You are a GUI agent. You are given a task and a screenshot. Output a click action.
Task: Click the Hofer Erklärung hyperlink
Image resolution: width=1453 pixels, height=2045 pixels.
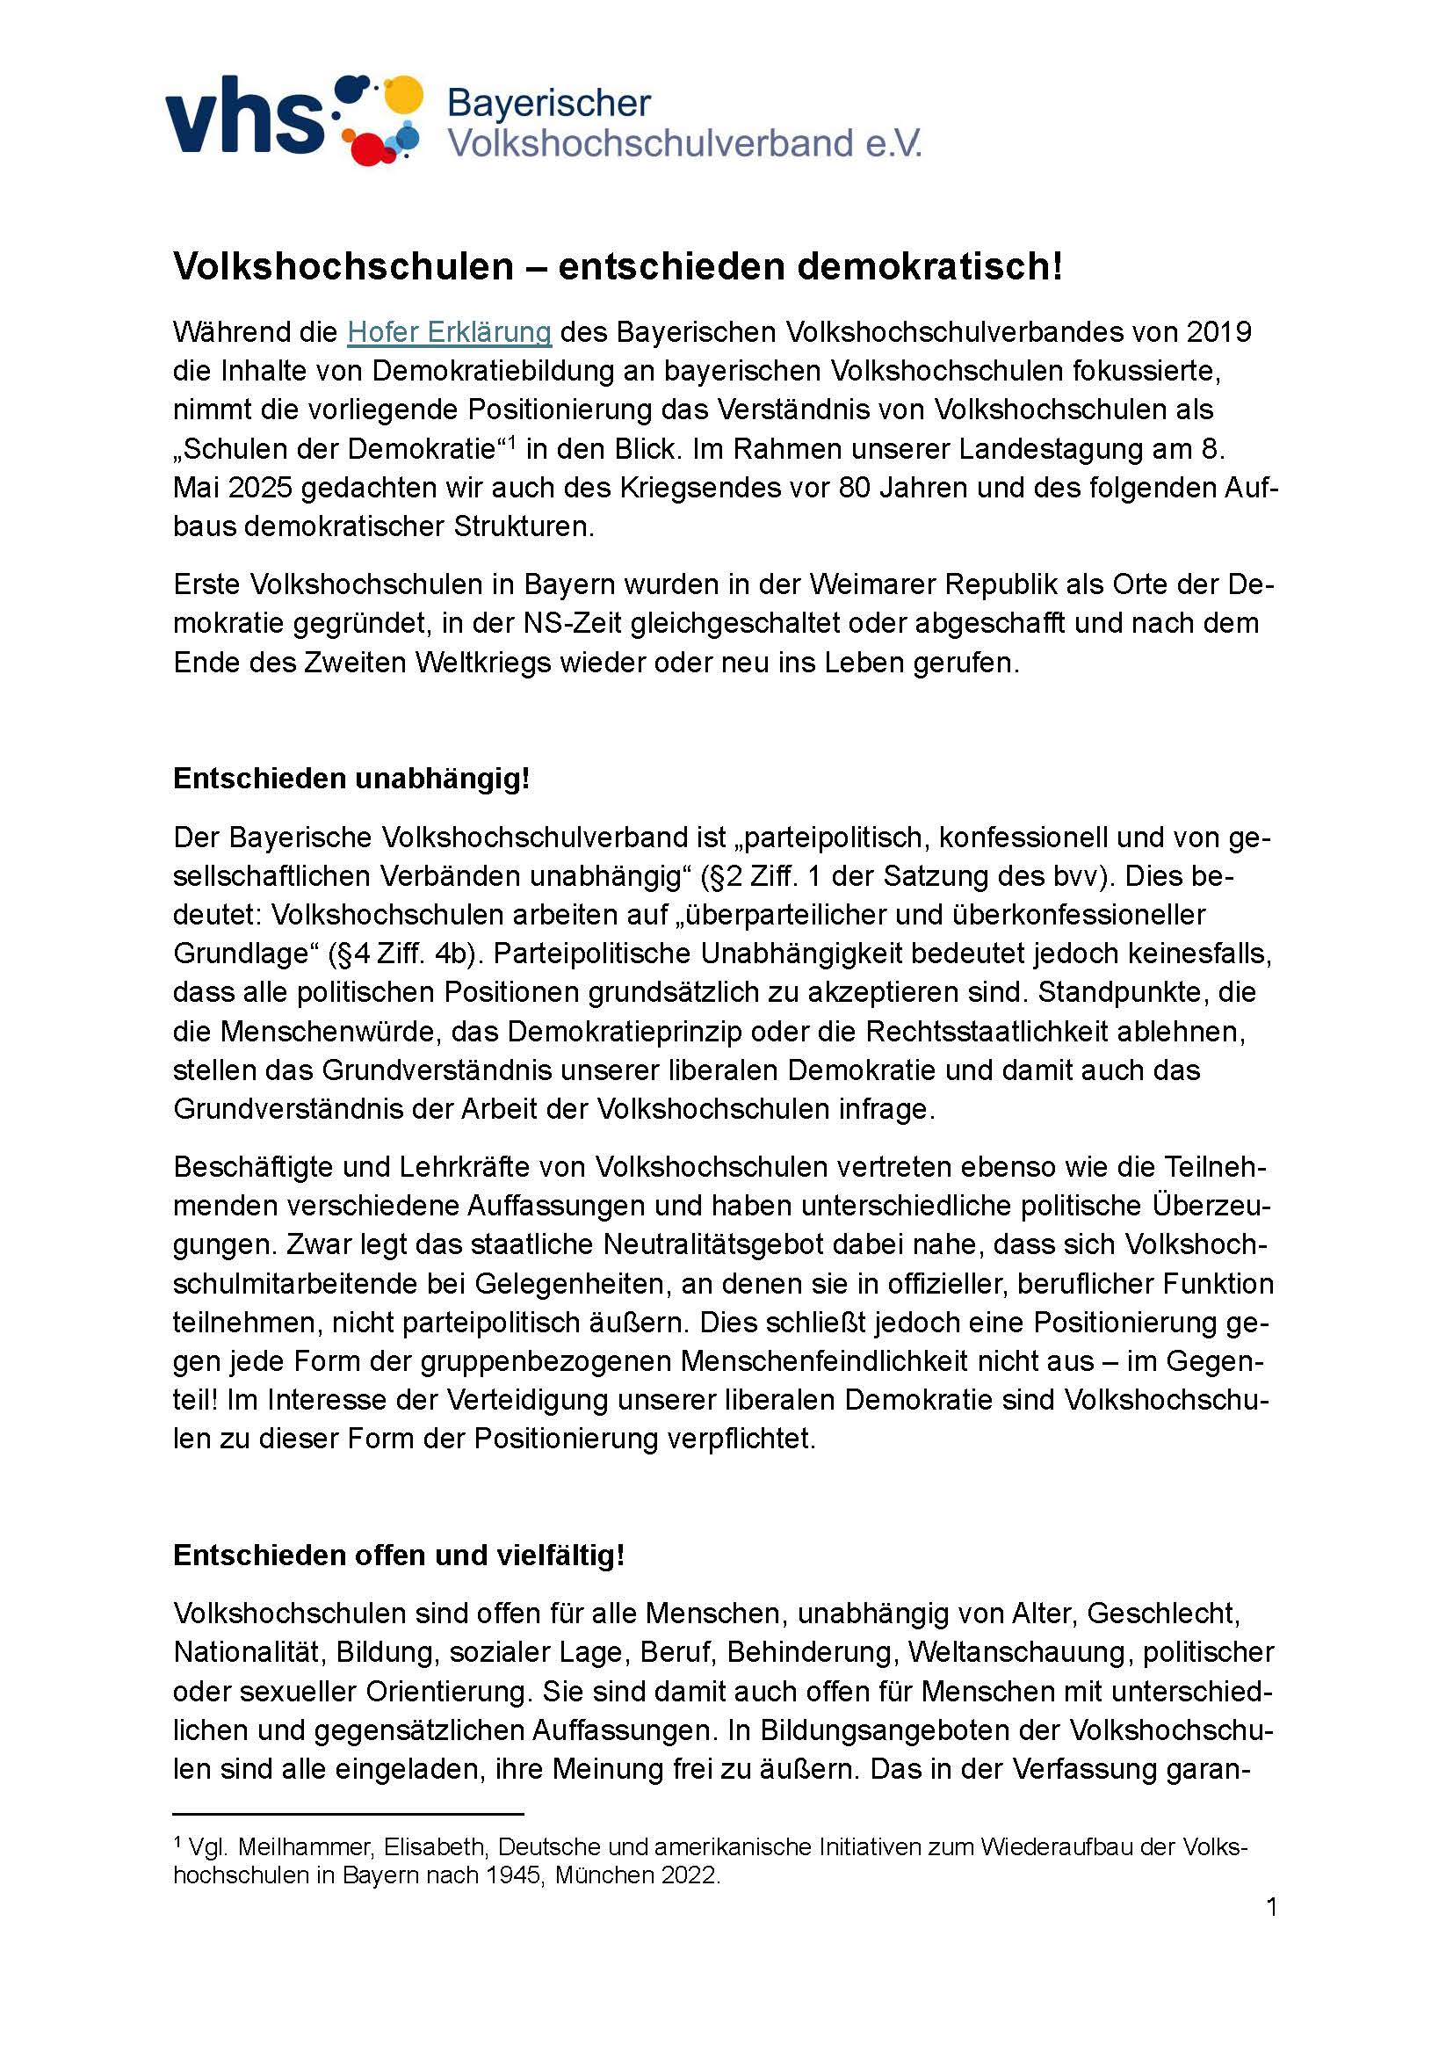(x=449, y=332)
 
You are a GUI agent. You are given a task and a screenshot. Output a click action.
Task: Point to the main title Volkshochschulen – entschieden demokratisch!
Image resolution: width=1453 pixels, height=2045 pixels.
(x=618, y=265)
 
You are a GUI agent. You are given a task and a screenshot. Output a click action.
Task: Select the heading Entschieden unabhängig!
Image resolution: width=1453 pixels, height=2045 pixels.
(x=351, y=779)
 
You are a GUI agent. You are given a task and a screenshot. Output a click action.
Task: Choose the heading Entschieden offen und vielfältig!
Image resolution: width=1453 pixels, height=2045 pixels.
(x=398, y=1556)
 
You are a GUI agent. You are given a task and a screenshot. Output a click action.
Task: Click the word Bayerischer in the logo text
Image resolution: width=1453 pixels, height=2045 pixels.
(x=548, y=104)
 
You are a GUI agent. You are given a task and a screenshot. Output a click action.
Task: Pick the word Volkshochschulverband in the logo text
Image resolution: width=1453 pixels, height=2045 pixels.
(x=650, y=143)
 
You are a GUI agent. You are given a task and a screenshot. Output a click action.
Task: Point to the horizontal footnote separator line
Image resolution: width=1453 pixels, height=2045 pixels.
(x=348, y=1814)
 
